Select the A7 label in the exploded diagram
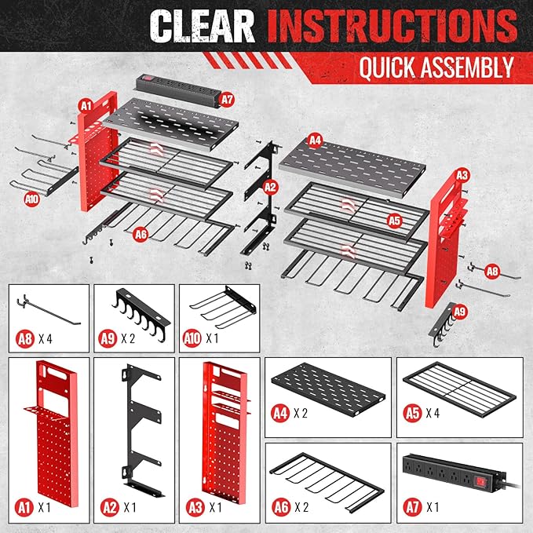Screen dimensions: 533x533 tap(227, 100)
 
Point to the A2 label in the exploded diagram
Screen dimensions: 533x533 tap(269, 187)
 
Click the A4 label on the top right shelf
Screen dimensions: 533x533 tap(316, 141)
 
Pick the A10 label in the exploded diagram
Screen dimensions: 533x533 tap(31, 199)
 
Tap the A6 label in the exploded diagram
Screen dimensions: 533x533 tap(141, 233)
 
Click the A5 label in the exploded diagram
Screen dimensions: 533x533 tap(394, 221)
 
